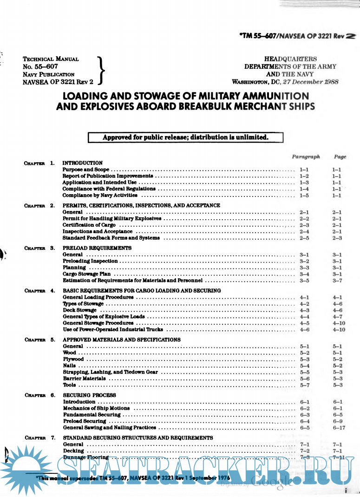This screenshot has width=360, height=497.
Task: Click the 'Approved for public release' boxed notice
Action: click(185, 137)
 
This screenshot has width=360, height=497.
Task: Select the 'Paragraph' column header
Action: click(306, 157)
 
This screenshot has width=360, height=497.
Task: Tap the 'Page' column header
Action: click(340, 157)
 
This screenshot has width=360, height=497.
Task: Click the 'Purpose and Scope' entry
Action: click(86, 170)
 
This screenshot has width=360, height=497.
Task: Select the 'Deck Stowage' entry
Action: click(80, 310)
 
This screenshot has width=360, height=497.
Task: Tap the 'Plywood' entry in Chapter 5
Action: click(73, 360)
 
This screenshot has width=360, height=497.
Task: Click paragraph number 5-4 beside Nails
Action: click(305, 366)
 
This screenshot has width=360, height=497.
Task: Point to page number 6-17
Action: click(338, 427)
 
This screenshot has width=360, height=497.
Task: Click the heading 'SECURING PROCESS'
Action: click(90, 395)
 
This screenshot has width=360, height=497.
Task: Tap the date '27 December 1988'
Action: click(315, 82)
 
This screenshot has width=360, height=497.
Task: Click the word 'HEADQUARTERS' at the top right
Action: click(291, 59)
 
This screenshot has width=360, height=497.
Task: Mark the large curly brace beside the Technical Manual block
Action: click(102, 70)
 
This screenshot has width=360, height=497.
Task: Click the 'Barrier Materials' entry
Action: click(85, 379)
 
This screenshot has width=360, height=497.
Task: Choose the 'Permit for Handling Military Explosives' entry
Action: click(112, 218)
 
